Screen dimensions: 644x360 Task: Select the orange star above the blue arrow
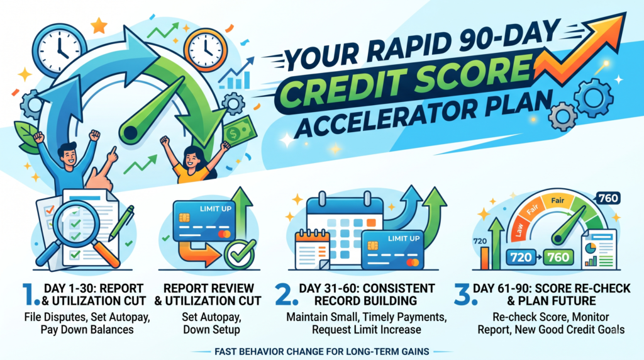pyautogui.click(x=99, y=25)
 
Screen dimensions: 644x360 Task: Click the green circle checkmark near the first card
pyautogui.click(x=240, y=255)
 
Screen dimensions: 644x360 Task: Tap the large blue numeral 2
pyautogui.click(x=286, y=295)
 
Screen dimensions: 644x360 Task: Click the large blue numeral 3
pyautogui.click(x=465, y=295)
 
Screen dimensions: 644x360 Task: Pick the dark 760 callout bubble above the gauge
pyautogui.click(x=608, y=198)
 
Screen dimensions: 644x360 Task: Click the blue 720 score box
pyautogui.click(x=521, y=257)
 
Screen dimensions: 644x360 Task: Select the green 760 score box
pyautogui.click(x=558, y=257)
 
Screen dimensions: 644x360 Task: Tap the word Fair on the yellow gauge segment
pyautogui.click(x=557, y=201)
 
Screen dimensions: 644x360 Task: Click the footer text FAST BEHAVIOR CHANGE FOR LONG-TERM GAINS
pyautogui.click(x=321, y=352)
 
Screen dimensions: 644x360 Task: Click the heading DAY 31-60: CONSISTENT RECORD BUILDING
pyautogui.click(x=367, y=295)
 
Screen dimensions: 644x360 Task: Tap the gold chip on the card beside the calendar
pyautogui.click(x=373, y=245)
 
